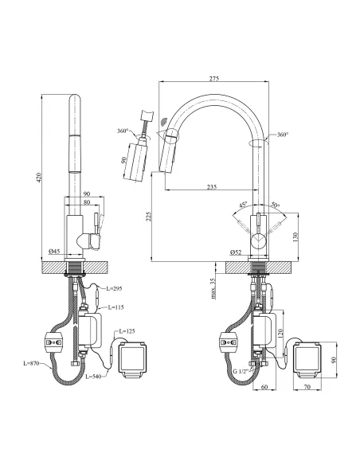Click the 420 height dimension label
[39, 177]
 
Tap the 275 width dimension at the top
[213, 79]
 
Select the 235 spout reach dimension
[212, 187]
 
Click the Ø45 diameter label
[54, 252]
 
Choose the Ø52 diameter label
[236, 252]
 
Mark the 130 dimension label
[295, 236]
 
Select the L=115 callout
[115, 307]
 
